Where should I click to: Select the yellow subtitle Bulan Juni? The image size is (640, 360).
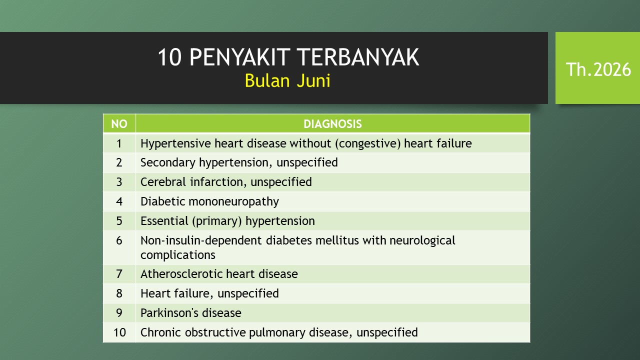pyautogui.click(x=287, y=81)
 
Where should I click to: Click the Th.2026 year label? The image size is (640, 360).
pyautogui.click(x=598, y=69)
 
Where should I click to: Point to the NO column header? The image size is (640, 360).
pyautogui.click(x=119, y=124)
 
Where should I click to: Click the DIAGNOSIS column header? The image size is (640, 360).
pyautogui.click(x=332, y=124)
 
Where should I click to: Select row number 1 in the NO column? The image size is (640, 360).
pyautogui.click(x=119, y=143)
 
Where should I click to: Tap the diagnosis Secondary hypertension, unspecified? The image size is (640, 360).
pyautogui.click(x=239, y=162)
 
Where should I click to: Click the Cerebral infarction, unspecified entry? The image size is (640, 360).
pyautogui.click(x=226, y=182)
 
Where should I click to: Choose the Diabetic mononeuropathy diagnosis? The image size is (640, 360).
pyautogui.click(x=209, y=201)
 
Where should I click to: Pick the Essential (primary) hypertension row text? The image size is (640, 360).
pyautogui.click(x=227, y=221)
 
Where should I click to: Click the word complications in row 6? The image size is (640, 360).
pyautogui.click(x=177, y=255)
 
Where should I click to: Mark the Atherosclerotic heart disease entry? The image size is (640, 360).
pyautogui.click(x=219, y=274)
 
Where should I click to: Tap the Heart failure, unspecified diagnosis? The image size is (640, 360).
pyautogui.click(x=209, y=293)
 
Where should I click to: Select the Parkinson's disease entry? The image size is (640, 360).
pyautogui.click(x=191, y=313)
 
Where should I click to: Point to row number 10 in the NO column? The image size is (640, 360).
pyautogui.click(x=119, y=332)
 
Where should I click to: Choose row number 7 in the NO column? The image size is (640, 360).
pyautogui.click(x=119, y=274)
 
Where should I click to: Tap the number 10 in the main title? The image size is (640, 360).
pyautogui.click(x=169, y=57)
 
